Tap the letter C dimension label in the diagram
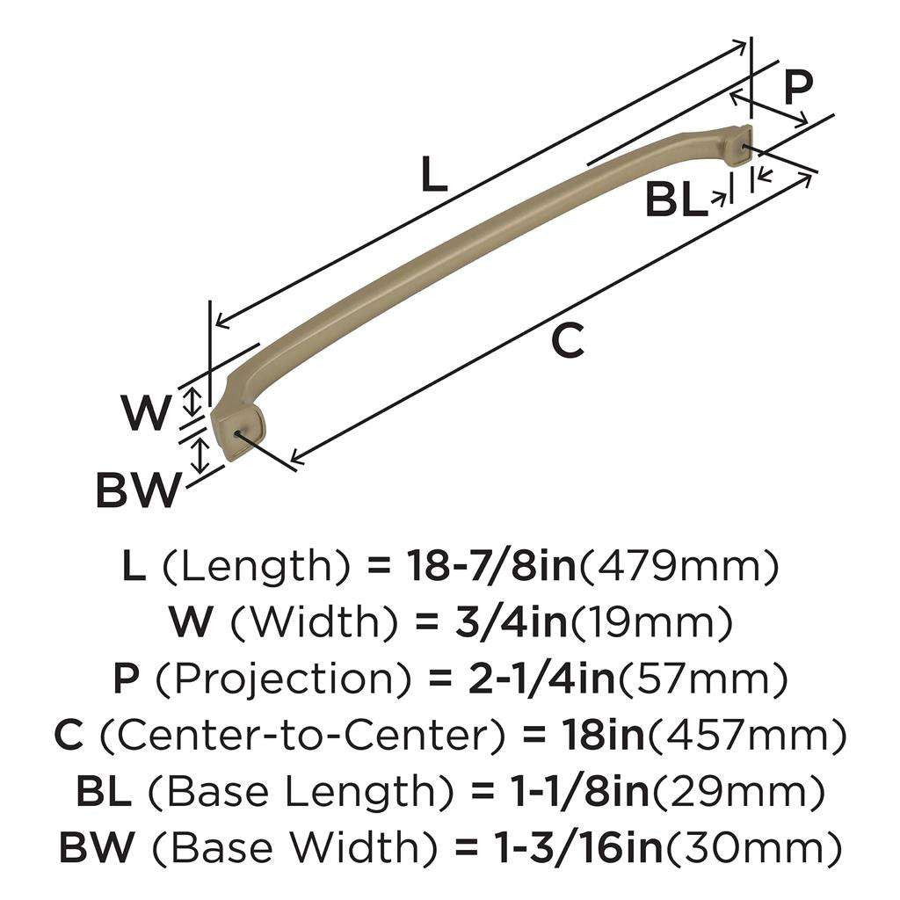(x=568, y=340)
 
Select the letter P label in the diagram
(x=797, y=87)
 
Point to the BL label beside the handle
(x=676, y=201)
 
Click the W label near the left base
(x=145, y=413)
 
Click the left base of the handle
(x=236, y=423)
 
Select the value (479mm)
(x=677, y=569)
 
